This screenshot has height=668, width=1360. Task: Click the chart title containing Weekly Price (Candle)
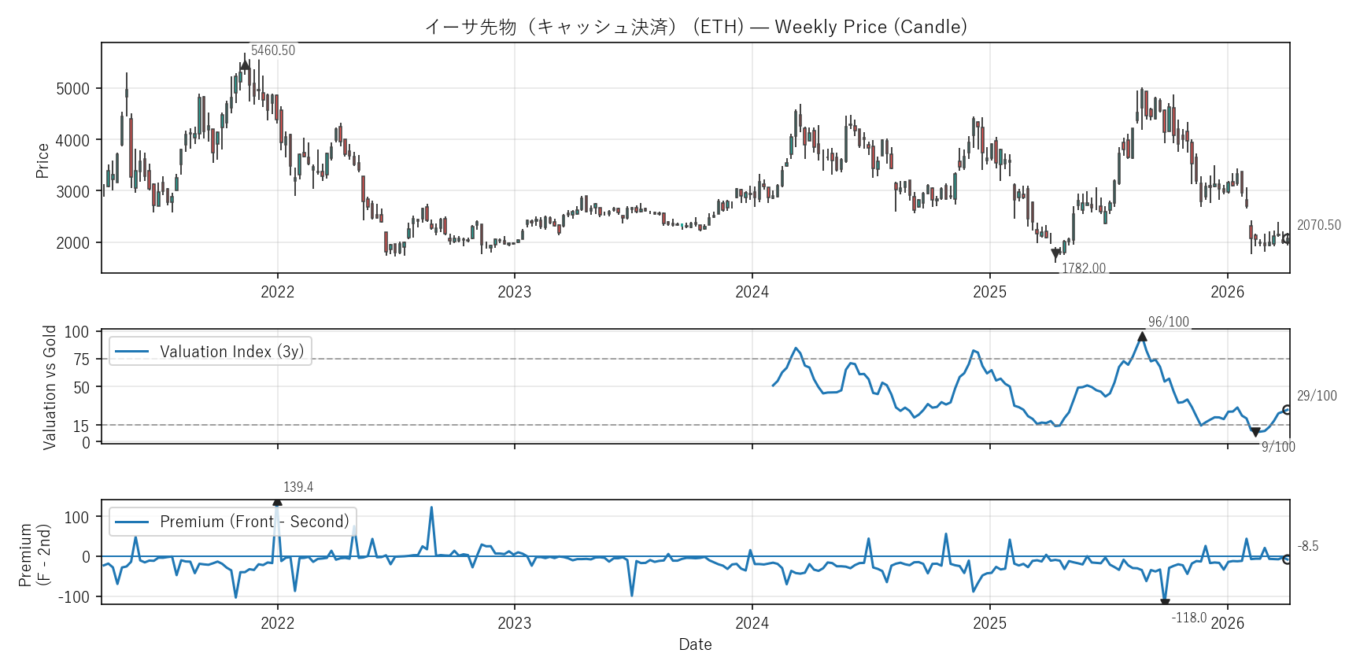[x=696, y=27]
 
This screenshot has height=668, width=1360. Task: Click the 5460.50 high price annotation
[x=272, y=50]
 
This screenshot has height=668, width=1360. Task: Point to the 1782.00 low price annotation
[x=1083, y=268]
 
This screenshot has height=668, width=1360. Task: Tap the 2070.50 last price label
[x=1318, y=225]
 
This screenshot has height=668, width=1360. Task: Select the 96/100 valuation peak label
[x=1168, y=322]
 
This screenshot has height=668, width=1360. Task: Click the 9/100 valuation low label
[x=1277, y=447]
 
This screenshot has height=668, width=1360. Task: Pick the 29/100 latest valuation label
[x=1316, y=396]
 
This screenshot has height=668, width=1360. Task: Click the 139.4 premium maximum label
[x=298, y=487]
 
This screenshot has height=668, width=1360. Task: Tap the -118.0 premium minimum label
[x=1188, y=618]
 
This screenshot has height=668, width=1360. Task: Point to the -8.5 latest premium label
[x=1307, y=546]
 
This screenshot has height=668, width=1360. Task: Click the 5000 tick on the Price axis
[x=72, y=89]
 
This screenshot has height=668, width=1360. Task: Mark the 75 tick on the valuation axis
[x=81, y=360]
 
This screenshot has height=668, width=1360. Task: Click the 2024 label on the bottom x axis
[x=752, y=624]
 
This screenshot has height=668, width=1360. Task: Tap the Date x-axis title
[x=695, y=644]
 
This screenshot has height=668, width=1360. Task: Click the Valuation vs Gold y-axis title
[x=50, y=387]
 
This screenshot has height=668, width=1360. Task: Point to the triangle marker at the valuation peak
[x=1142, y=337]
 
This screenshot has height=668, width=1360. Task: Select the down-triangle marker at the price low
[x=1055, y=254]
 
